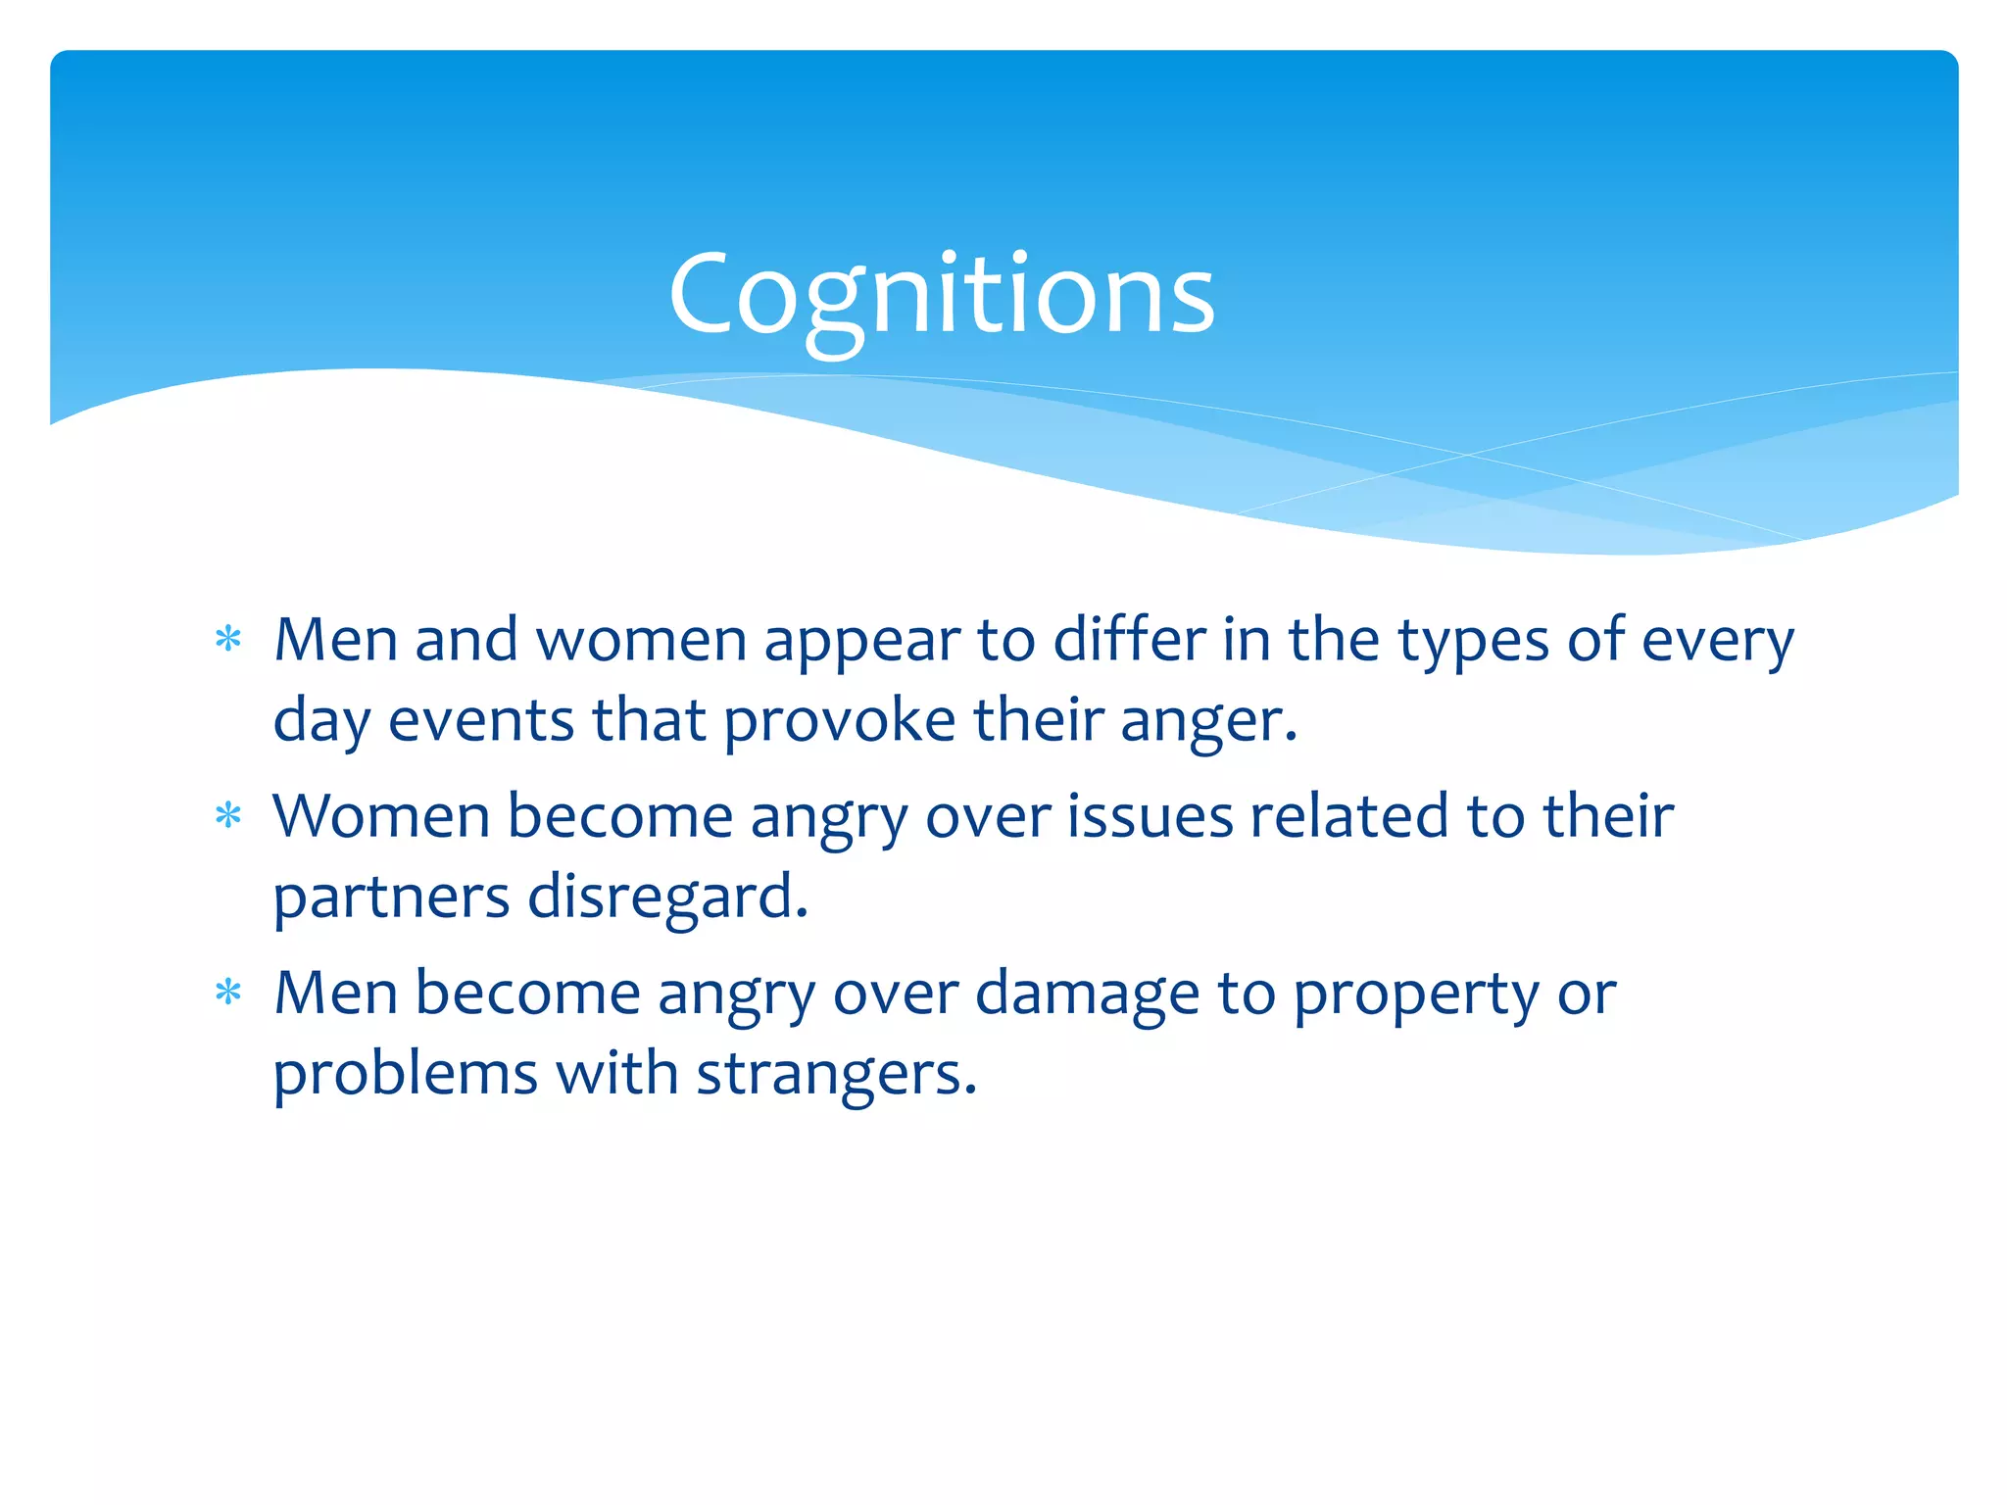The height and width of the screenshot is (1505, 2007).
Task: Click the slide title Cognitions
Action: (x=941, y=294)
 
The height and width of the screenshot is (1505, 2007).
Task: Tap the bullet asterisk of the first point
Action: (x=228, y=640)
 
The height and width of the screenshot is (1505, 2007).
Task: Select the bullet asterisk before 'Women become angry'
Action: (x=228, y=815)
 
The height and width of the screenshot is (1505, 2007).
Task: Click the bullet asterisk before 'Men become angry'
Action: (x=228, y=993)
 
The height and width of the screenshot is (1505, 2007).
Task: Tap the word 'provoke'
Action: (x=839, y=722)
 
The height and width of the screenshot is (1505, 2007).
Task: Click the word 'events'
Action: (x=480, y=720)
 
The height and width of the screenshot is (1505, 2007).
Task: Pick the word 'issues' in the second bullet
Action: (x=1150, y=816)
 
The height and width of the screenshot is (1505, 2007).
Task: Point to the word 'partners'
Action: (x=391, y=898)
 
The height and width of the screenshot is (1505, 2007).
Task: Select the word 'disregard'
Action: (x=666, y=898)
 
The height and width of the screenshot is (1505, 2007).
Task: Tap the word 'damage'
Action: (x=1087, y=995)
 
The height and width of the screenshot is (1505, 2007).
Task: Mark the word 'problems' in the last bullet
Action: (x=405, y=1074)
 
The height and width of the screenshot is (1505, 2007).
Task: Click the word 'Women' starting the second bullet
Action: (x=380, y=816)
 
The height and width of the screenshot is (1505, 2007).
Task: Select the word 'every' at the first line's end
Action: (x=1717, y=643)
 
